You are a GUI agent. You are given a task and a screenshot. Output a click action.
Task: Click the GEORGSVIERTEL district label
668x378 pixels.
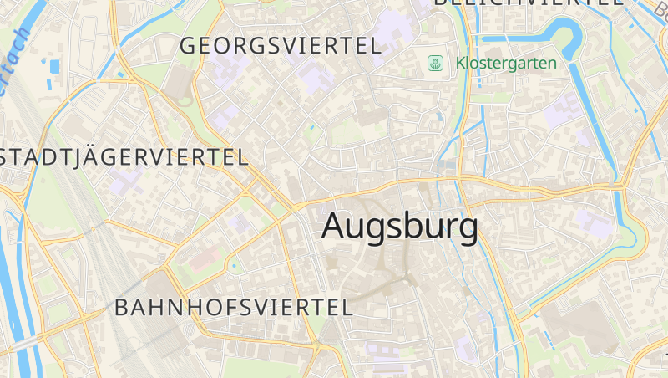(x=281, y=46)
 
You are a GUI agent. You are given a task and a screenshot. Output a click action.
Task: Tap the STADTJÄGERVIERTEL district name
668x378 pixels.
(x=124, y=157)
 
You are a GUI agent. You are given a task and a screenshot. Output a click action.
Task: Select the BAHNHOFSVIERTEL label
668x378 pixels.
(x=234, y=307)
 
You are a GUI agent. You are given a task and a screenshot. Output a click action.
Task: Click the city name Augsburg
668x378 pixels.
(x=400, y=227)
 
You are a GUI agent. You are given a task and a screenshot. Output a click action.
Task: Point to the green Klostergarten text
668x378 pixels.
(x=506, y=63)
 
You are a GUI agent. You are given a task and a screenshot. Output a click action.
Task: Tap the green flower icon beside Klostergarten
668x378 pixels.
(x=435, y=63)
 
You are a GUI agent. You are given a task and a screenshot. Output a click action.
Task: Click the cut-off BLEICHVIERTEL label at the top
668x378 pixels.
(x=528, y=3)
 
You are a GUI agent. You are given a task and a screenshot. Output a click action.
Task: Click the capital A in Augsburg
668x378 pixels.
(x=334, y=226)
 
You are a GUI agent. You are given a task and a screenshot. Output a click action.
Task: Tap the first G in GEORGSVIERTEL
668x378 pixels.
(x=188, y=46)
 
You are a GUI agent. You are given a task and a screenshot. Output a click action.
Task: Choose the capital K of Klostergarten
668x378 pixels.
(x=461, y=63)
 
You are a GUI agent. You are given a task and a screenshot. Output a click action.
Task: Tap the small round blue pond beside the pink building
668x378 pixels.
(x=234, y=266)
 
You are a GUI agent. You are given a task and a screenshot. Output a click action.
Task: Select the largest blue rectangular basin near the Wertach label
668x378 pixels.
(x=55, y=65)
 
